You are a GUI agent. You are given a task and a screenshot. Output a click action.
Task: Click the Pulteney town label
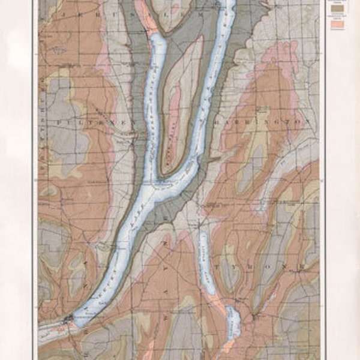(79, 122)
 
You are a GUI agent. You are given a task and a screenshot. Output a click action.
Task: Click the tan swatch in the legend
(338, 10)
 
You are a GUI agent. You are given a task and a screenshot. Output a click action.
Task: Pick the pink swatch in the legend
(338, 25)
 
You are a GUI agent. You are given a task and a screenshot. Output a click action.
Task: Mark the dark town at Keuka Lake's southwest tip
(67, 320)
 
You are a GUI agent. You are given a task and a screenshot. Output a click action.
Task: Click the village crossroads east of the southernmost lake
(255, 314)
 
